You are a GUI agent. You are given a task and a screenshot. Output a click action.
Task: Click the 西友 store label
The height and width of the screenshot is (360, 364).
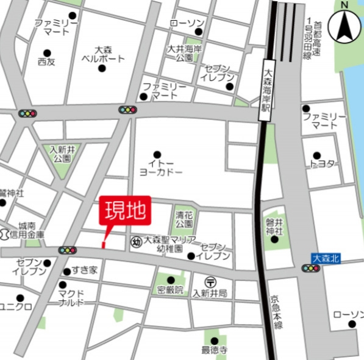point(46,62)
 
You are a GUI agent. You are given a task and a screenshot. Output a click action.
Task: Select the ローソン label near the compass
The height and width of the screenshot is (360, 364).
point(186,23)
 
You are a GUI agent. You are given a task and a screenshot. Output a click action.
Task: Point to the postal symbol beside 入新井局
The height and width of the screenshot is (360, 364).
point(210,282)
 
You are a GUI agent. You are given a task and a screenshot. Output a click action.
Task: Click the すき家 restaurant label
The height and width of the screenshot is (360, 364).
point(84,270)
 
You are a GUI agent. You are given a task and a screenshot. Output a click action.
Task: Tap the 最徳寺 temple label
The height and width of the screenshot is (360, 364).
point(214,350)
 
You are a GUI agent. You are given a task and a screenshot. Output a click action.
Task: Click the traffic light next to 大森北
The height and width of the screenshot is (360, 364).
point(310,268)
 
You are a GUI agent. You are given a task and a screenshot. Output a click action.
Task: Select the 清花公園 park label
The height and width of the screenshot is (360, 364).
point(184,219)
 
